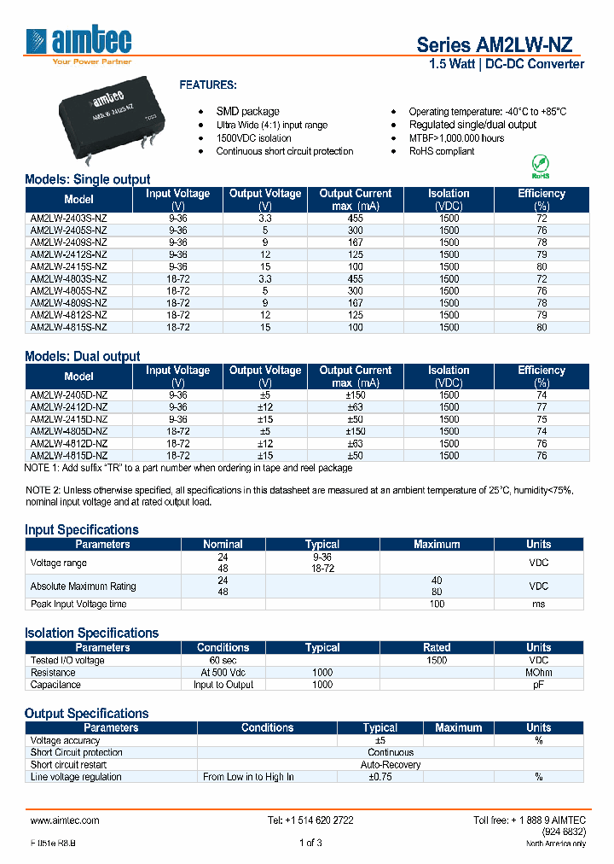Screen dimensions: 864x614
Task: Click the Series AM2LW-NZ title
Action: click(x=500, y=45)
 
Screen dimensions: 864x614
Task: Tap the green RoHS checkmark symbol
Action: click(x=539, y=164)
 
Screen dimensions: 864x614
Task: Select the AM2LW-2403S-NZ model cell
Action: click(x=69, y=219)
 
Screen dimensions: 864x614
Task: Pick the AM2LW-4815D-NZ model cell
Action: click(x=69, y=455)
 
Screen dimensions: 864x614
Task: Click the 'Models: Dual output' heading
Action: click(x=83, y=356)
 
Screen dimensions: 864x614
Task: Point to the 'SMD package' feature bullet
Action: click(x=247, y=112)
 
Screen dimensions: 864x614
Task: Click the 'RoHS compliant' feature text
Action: click(x=442, y=151)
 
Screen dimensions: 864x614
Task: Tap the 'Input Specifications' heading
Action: click(x=82, y=529)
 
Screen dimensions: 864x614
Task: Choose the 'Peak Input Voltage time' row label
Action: click(x=78, y=604)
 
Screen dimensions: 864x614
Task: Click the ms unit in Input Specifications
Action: click(x=538, y=604)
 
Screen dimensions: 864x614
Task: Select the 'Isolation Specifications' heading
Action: click(x=91, y=633)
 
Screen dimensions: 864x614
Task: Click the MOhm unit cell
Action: click(x=538, y=673)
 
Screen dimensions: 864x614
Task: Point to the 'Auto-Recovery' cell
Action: click(x=391, y=765)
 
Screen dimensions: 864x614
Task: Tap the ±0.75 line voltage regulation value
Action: click(x=379, y=777)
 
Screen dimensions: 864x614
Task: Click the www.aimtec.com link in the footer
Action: click(x=65, y=820)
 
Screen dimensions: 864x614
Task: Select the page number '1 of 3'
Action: click(x=310, y=844)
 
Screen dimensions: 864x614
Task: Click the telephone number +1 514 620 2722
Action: click(x=310, y=820)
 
